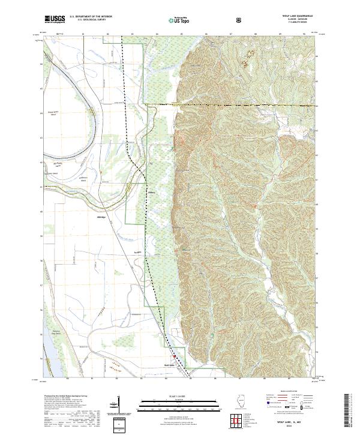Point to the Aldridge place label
pyautogui.click(x=101, y=217)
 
